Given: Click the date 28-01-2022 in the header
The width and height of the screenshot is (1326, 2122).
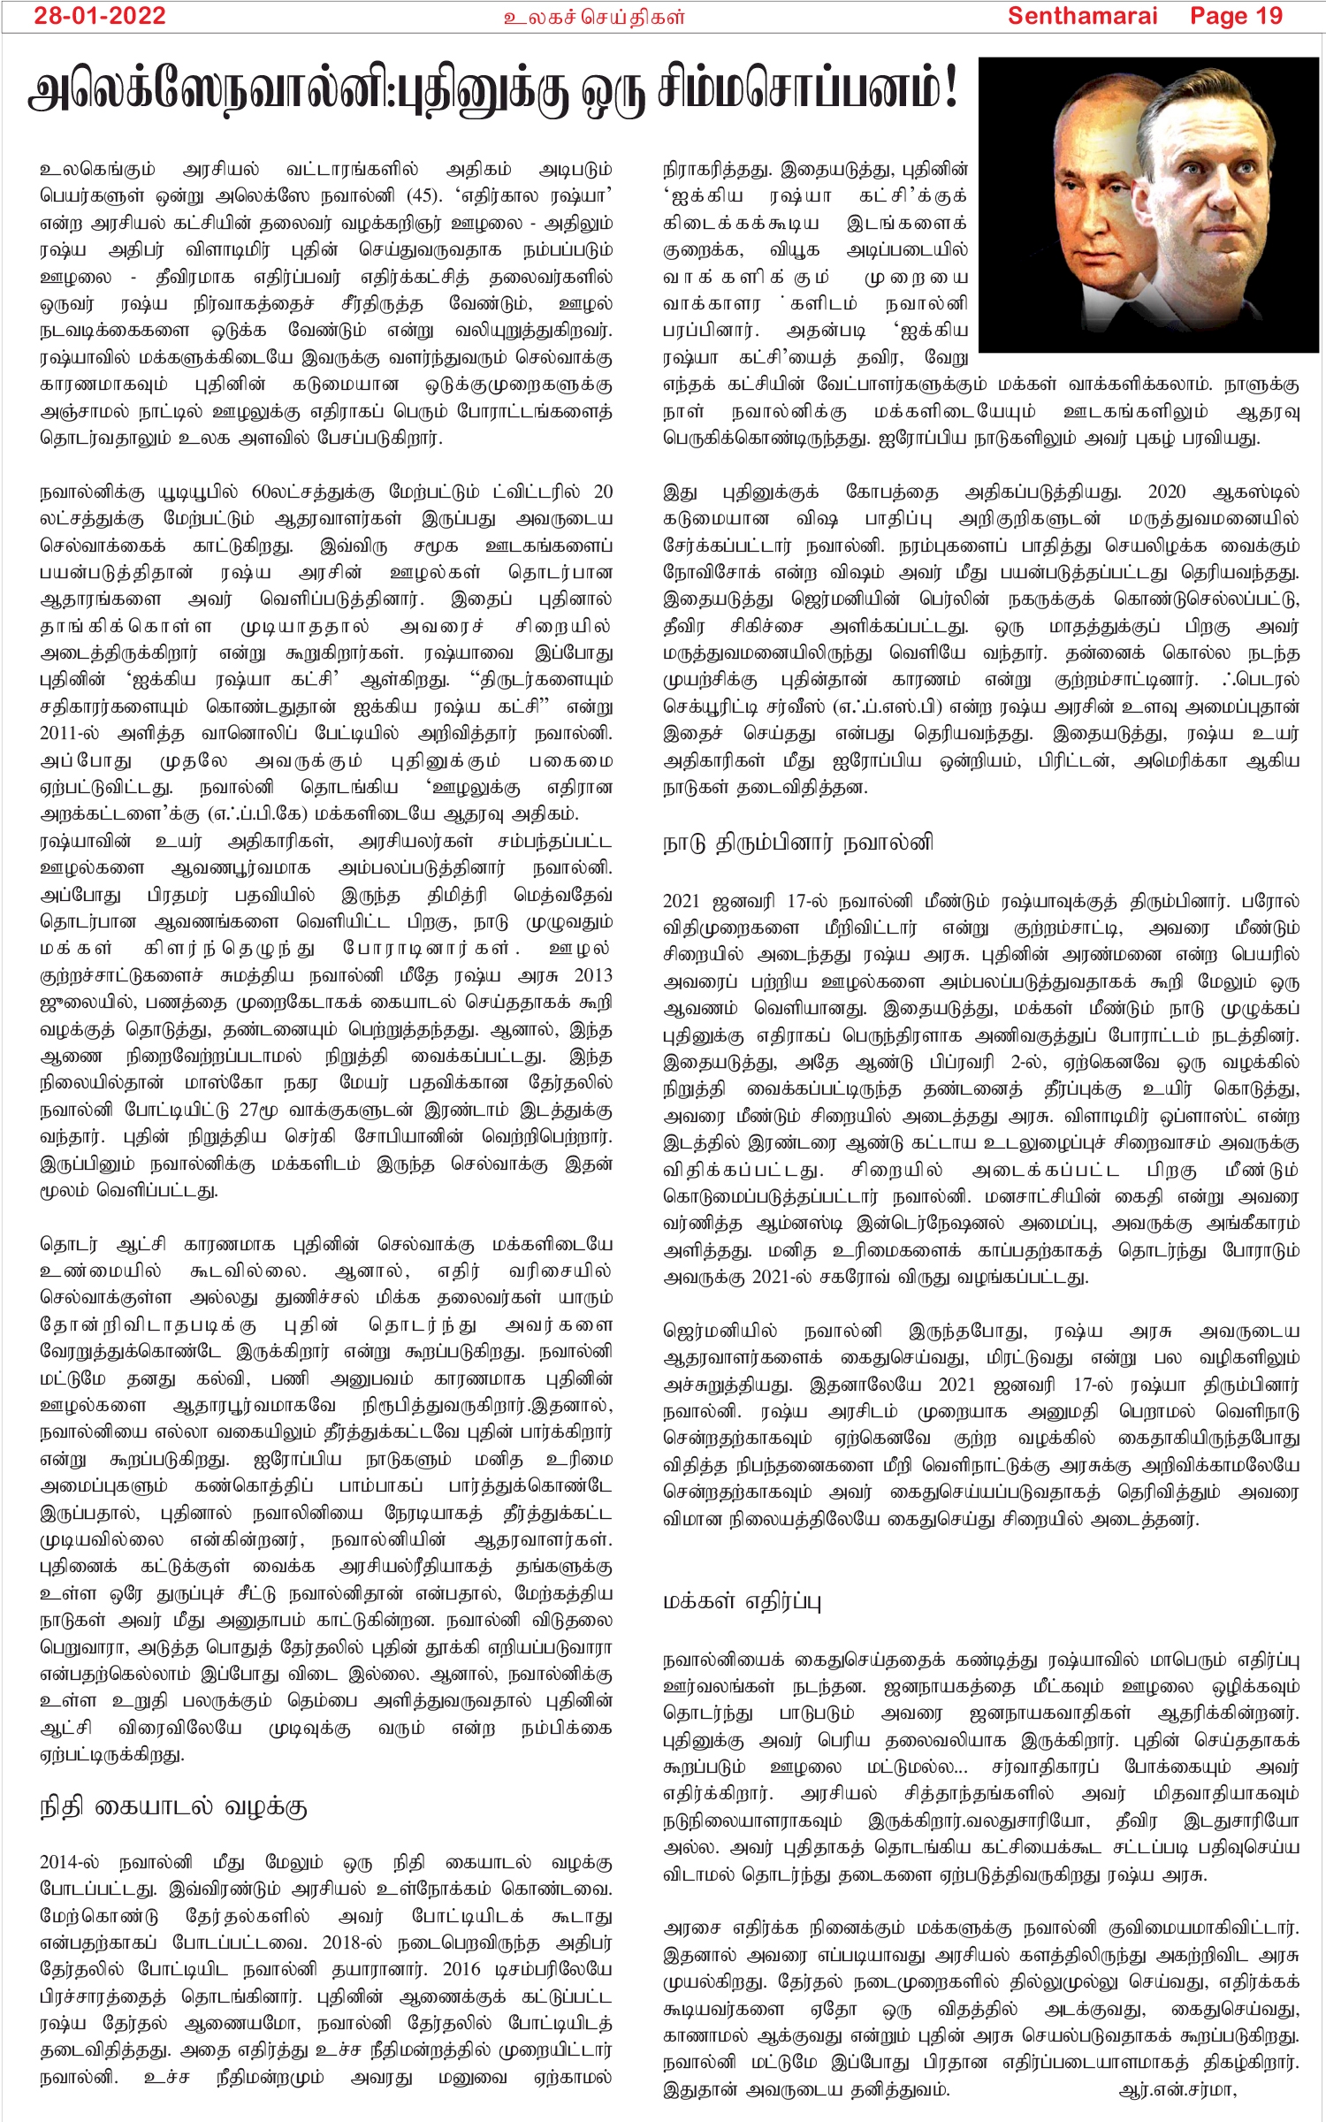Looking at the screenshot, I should coord(100,16).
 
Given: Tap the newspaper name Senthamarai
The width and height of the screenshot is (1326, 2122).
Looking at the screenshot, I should coord(1082,16).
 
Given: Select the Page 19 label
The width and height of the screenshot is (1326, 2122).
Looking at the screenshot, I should coord(1235,16).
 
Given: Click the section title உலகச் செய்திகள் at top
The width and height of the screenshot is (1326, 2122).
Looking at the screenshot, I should coord(593,17).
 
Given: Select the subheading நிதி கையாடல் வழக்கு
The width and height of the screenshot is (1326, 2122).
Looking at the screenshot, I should coord(173,1806).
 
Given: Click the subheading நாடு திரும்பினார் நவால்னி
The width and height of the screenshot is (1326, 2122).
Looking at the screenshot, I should coord(797,843).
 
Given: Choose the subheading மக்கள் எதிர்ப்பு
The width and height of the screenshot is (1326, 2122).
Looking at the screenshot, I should coord(742,1601).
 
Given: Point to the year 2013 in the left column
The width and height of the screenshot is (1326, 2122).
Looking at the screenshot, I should coord(592,975).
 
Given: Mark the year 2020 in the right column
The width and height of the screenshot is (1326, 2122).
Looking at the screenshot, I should coord(1167,492).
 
